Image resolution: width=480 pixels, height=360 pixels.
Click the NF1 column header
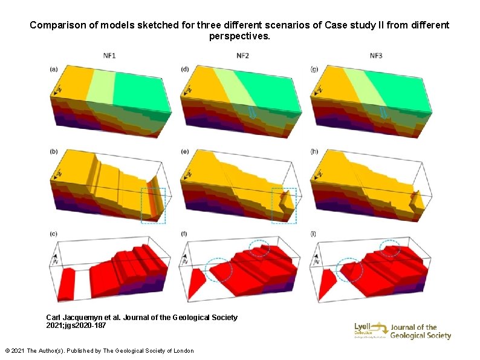(109, 56)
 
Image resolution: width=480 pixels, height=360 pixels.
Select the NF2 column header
(242, 56)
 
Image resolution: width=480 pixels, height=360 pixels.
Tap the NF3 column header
(375, 56)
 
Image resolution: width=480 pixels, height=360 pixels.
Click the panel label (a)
(54, 69)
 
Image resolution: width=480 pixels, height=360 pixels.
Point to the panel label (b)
(54, 151)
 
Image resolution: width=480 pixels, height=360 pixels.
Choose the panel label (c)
(54, 234)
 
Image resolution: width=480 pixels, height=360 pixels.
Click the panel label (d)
(185, 69)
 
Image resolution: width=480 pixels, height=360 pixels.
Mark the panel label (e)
(185, 151)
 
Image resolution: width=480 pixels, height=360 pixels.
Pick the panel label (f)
(184, 234)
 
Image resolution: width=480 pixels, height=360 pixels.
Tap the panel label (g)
(314, 69)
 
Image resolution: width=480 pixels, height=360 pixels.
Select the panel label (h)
(314, 151)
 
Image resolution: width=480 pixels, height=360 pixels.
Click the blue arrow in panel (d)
(252, 111)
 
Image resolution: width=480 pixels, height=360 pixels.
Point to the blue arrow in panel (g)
(383, 112)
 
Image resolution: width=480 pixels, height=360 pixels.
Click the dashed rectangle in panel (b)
(153, 205)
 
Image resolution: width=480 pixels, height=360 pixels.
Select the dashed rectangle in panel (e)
(284, 205)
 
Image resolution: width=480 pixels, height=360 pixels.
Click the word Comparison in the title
(56, 25)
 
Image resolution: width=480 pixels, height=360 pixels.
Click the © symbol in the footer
(7, 351)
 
